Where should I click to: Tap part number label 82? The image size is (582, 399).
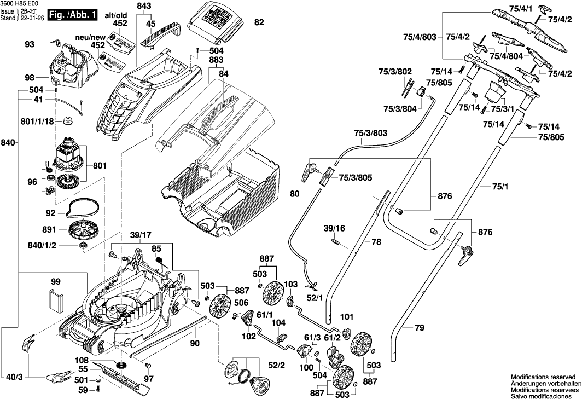click(x=259, y=22)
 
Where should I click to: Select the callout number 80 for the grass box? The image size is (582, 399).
click(x=294, y=194)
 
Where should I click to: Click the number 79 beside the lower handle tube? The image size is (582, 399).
click(x=419, y=328)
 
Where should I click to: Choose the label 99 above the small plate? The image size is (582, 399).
click(x=55, y=282)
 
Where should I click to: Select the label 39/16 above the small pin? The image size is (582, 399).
click(x=334, y=227)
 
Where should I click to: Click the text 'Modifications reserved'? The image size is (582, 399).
click(x=543, y=378)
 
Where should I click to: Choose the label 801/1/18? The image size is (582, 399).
click(x=36, y=122)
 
